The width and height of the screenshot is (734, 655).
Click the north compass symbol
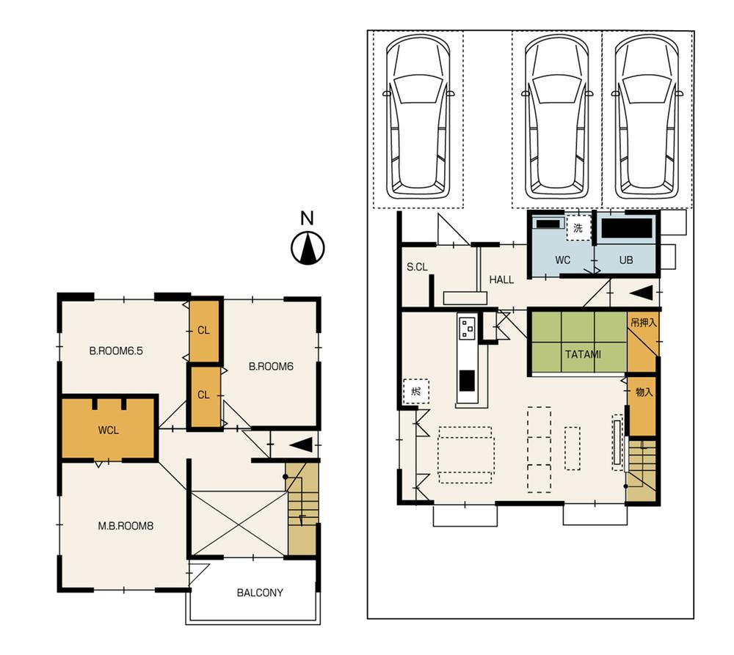tap(308, 248)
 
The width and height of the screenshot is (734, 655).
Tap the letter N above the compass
tap(308, 218)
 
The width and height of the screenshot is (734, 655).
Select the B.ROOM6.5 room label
tap(115, 351)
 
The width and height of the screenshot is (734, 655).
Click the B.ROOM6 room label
tap(270, 367)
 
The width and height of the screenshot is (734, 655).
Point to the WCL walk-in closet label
tap(108, 429)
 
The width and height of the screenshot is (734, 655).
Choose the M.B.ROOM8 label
tap(125, 525)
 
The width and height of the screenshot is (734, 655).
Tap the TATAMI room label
tap(583, 354)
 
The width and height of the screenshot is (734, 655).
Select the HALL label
tap(501, 279)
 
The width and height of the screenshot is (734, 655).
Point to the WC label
tap(563, 260)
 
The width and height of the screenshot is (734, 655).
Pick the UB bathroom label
tap(625, 260)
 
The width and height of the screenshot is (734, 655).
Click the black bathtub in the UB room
tap(627, 228)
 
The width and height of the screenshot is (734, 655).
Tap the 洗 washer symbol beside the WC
tap(578, 228)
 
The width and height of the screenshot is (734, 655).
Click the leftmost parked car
tap(418, 117)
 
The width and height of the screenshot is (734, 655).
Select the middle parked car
tap(557, 117)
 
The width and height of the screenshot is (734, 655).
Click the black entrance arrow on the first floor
tap(640, 293)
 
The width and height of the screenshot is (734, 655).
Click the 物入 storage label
tap(643, 392)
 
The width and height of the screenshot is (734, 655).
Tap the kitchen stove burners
tap(468, 326)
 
